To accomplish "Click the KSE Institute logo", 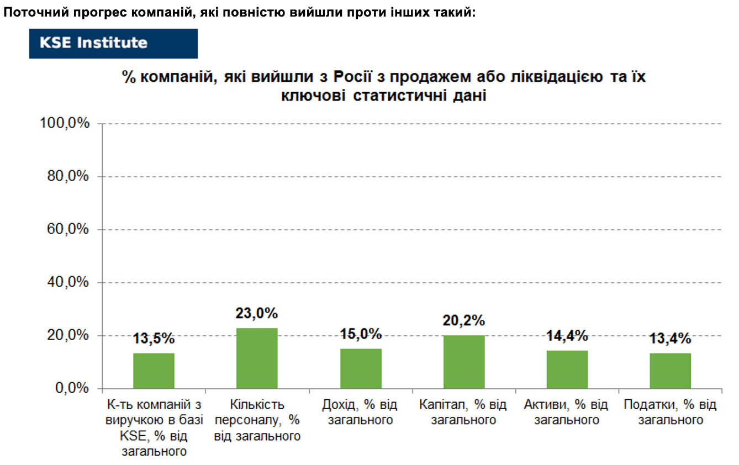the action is [x=113, y=44].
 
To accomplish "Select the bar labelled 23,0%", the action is [x=257, y=358].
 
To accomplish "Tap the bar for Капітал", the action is [x=464, y=362].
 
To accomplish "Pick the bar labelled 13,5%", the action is [x=154, y=371].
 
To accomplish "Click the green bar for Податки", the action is [x=671, y=371].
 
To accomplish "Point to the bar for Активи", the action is [x=567, y=369].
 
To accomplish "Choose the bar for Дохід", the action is [x=361, y=369].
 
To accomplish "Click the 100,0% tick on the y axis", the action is [x=65, y=123].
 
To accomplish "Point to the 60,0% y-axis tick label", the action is [x=68, y=229].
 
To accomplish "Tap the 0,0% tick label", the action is [x=72, y=388].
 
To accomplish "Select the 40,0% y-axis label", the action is [x=68, y=282].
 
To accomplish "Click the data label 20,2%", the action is [x=464, y=320].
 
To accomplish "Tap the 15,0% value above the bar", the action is [x=361, y=334].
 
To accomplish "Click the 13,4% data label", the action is [x=671, y=339].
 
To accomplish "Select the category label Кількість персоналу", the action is [x=257, y=412].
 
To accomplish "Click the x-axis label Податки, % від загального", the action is [x=671, y=412].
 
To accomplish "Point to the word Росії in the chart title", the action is [x=352, y=77].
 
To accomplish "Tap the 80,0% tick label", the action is [x=68, y=176].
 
